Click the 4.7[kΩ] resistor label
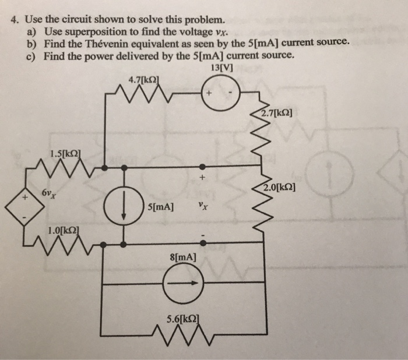click(143, 79)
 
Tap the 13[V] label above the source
click(219, 67)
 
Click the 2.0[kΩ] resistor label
click(279, 188)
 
